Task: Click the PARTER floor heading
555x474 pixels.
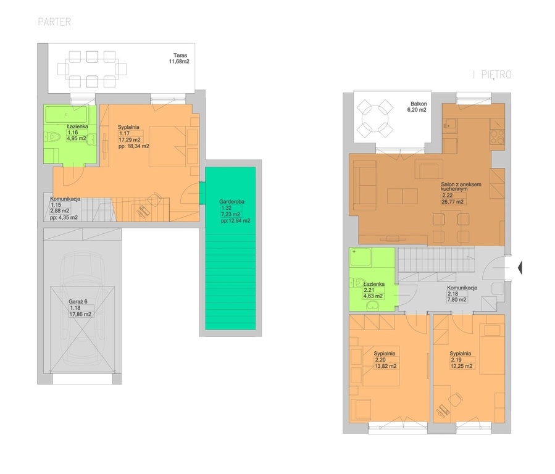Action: click(54, 22)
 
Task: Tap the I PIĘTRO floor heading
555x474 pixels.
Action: click(493, 75)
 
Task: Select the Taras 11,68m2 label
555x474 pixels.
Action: click(180, 59)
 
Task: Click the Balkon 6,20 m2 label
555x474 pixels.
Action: click(417, 107)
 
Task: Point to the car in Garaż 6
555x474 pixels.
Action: click(83, 311)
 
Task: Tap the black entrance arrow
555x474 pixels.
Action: click(520, 268)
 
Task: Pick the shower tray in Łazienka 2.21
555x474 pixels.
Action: click(361, 257)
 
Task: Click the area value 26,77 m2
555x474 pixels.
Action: click(453, 202)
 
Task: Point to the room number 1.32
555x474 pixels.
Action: click(226, 208)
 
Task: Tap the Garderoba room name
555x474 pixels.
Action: click(232, 202)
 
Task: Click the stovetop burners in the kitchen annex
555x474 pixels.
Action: click(498, 136)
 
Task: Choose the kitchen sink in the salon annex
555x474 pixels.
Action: click(451, 125)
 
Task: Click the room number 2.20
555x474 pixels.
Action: click(380, 360)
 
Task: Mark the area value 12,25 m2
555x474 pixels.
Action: click(462, 366)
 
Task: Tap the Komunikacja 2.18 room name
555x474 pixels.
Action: click(462, 288)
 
